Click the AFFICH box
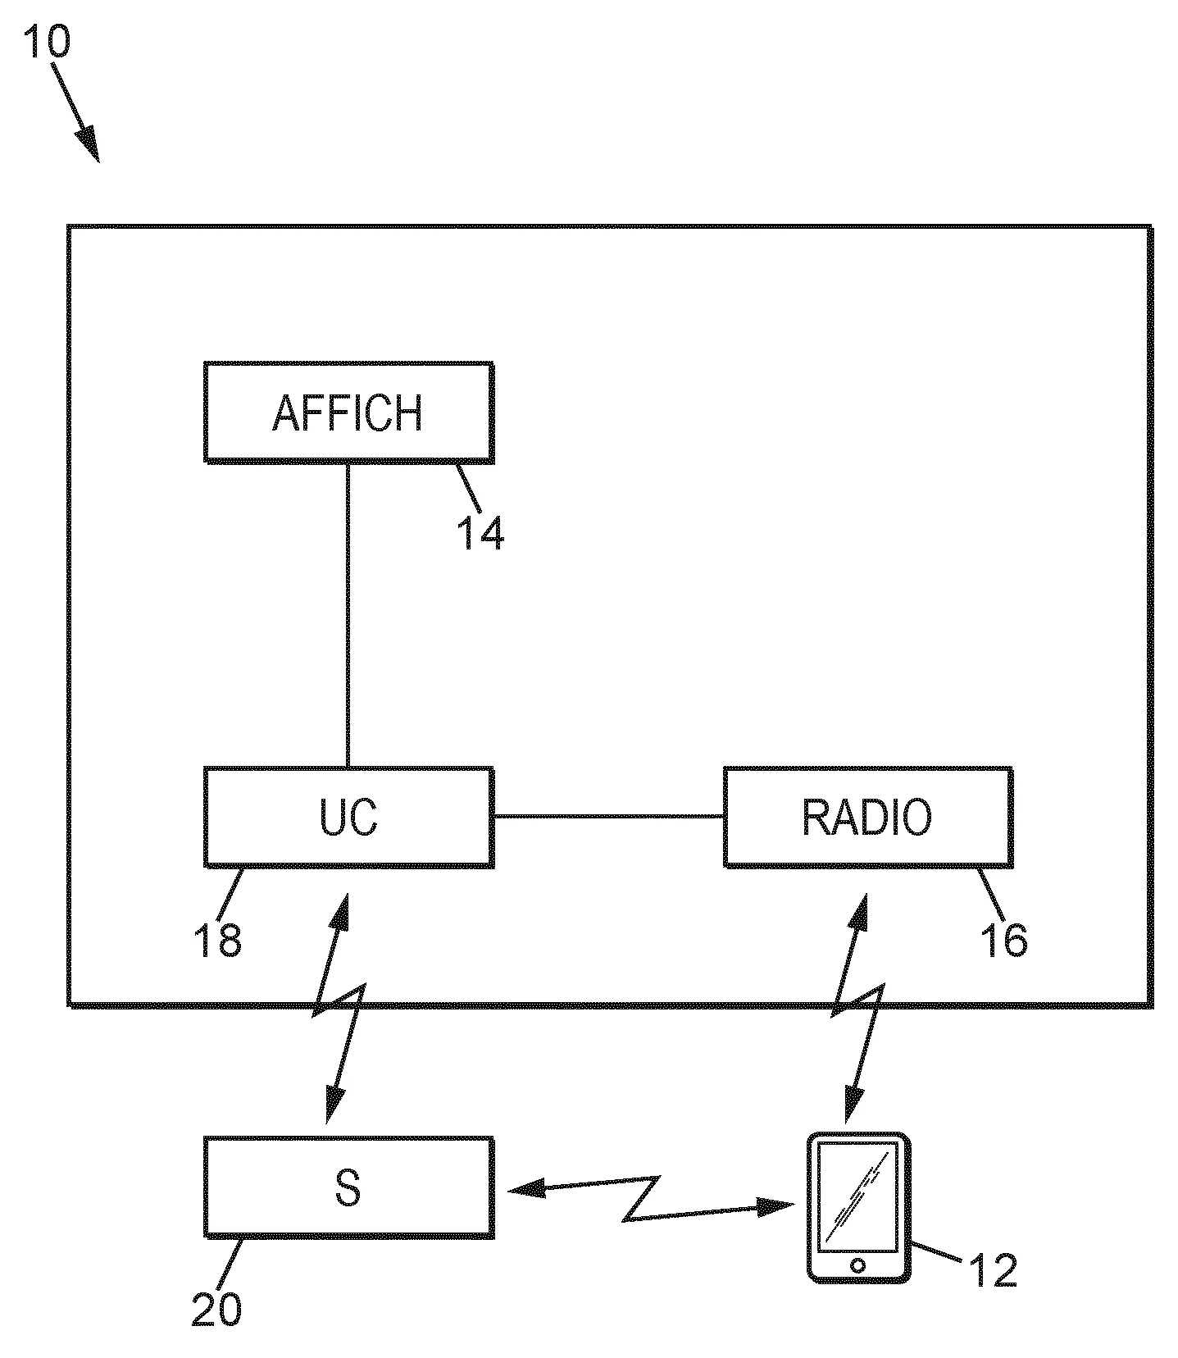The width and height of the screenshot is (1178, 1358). [x=348, y=412]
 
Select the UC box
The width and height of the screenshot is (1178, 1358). [x=348, y=817]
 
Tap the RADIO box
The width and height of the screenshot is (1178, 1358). [x=867, y=817]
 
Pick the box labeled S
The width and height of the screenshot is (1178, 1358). [x=348, y=1187]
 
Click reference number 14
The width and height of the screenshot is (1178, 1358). [x=480, y=532]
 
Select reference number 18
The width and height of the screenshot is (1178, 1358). [x=217, y=940]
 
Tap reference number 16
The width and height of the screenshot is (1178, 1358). [x=1003, y=940]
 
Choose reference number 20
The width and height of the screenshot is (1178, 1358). [x=217, y=1310]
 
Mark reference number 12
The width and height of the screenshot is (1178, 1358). [x=992, y=1270]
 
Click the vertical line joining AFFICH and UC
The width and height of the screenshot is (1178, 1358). [x=348, y=615]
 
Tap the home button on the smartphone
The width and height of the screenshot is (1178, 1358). [x=857, y=1265]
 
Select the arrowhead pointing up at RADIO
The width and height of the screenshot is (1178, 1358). [x=860, y=908]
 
